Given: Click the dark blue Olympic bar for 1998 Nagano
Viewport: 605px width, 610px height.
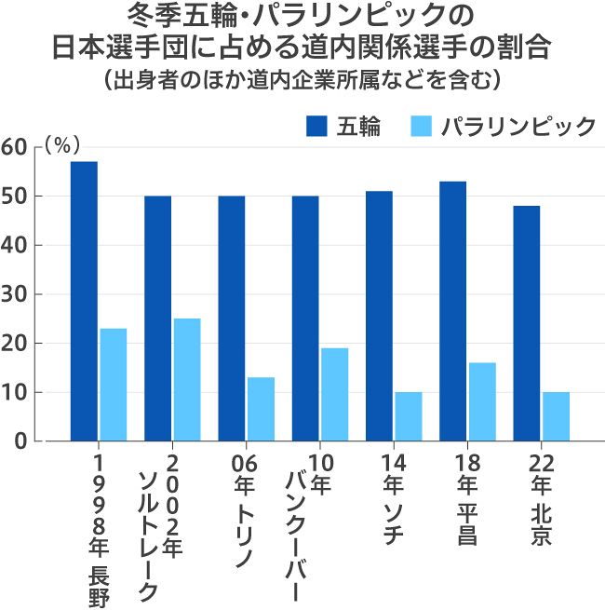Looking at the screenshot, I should [84, 301].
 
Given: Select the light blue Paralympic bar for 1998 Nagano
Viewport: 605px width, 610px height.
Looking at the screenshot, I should [113, 384].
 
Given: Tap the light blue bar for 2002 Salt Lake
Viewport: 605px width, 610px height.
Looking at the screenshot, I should [186, 379].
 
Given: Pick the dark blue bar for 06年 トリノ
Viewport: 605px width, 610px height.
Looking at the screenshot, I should [232, 318].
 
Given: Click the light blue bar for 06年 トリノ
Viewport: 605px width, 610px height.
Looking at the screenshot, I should [261, 409].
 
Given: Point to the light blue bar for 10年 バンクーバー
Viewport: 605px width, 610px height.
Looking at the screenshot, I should [334, 394].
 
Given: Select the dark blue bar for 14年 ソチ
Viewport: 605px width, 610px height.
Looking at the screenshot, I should [379, 316].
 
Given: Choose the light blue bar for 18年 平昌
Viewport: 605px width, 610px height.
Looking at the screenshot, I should [482, 401].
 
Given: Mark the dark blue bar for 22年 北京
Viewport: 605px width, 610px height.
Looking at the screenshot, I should [526, 323].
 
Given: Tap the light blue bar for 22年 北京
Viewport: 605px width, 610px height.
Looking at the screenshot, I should [556, 416].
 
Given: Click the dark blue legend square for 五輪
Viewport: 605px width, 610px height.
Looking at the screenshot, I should [316, 127].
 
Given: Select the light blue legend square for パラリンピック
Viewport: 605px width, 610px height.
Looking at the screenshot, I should [421, 127].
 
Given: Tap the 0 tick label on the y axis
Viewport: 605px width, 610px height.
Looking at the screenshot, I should [20, 441].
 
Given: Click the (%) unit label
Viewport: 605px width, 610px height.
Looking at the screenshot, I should [63, 144].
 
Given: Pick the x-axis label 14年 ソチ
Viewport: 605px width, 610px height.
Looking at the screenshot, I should [392, 499].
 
